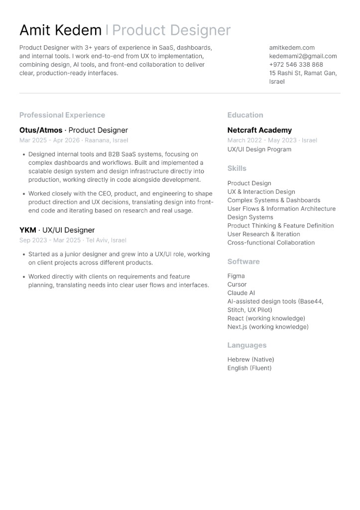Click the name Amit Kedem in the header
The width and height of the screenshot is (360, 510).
tap(60, 30)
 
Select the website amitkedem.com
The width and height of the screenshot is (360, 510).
tap(292, 48)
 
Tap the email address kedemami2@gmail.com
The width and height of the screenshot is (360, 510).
tap(303, 56)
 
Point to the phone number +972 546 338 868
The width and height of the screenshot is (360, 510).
tap(296, 65)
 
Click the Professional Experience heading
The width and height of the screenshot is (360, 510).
tap(62, 115)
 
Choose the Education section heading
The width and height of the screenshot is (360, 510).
tap(245, 115)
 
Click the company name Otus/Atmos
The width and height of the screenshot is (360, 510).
tap(41, 130)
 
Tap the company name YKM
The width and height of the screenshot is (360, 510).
tap(28, 230)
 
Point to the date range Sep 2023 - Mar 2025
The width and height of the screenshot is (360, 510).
tap(50, 240)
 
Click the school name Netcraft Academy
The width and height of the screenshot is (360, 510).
tap(259, 130)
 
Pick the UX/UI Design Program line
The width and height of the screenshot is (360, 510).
tap(259, 149)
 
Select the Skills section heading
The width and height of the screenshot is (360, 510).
tap(237, 168)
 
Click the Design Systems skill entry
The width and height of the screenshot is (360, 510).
tap(250, 217)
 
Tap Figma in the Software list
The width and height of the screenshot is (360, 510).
tap(236, 276)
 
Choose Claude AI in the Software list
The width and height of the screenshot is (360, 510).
tap(241, 293)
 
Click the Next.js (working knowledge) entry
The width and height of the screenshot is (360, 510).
tap(268, 327)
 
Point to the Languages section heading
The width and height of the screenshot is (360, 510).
tap(247, 345)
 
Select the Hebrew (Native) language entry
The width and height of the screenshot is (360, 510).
tap(250, 360)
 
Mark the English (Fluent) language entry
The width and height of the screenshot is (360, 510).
tap(249, 368)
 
